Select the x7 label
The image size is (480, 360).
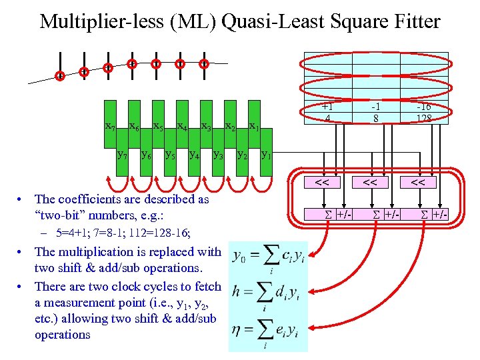(x=111, y=126)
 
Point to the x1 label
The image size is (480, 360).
(x=254, y=126)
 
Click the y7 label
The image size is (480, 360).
(x=123, y=155)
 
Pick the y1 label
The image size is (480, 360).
(x=266, y=155)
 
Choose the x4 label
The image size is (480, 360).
(x=182, y=126)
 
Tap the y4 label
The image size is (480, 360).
(x=194, y=155)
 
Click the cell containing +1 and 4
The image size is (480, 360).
(x=327, y=112)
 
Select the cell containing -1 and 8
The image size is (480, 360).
(x=375, y=112)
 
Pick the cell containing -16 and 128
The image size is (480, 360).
(x=424, y=112)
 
